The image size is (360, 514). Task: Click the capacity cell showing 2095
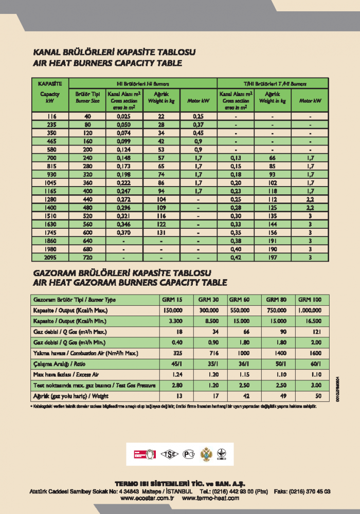click(x=51, y=257)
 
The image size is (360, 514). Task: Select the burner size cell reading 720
click(x=87, y=257)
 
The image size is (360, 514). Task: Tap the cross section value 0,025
click(x=122, y=117)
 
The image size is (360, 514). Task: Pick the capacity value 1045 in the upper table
click(x=51, y=182)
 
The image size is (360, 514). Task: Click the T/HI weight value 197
click(x=272, y=257)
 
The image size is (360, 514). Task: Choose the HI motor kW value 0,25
click(x=198, y=117)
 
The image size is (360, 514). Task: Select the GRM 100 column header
click(x=309, y=300)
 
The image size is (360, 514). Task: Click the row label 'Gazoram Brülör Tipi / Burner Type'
click(x=75, y=300)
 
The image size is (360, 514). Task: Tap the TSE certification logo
click(x=168, y=454)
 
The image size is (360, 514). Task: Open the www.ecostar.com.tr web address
click(x=148, y=498)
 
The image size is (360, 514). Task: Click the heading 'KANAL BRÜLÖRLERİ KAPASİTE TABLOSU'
click(x=114, y=52)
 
